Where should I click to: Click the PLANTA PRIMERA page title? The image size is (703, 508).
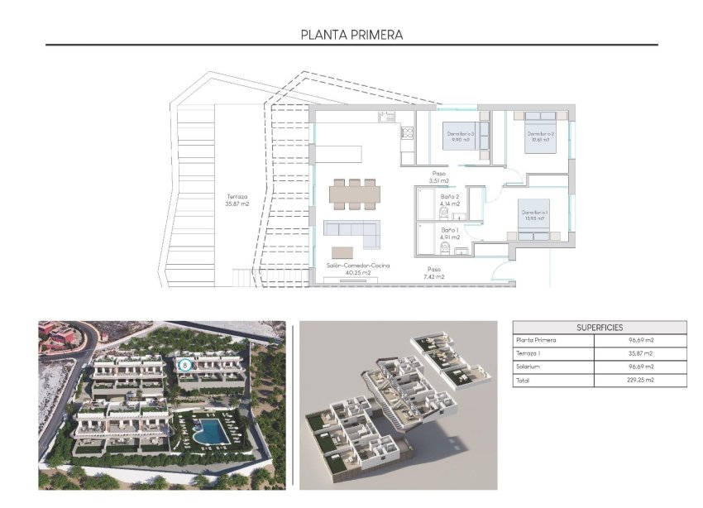coord(351,35)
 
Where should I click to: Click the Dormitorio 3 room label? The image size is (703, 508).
coord(459,137)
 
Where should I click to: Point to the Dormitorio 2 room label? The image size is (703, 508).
coord(540,137)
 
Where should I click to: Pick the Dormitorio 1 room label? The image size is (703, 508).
coord(533,215)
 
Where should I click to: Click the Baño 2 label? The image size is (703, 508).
coord(450,199)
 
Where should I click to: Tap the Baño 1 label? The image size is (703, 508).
coord(450,233)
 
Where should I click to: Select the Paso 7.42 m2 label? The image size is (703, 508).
coord(434,273)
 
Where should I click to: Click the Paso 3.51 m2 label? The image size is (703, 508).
coord(438,177)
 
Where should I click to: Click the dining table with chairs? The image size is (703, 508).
coord(356,194)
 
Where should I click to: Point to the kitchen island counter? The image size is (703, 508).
coord(338,156)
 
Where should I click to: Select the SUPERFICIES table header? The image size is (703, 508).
coord(600,328)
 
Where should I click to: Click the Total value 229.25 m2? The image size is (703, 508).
coord(641,381)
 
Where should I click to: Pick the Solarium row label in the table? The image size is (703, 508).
coord(528,367)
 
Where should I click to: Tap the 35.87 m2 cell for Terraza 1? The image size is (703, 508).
coord(641,353)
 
